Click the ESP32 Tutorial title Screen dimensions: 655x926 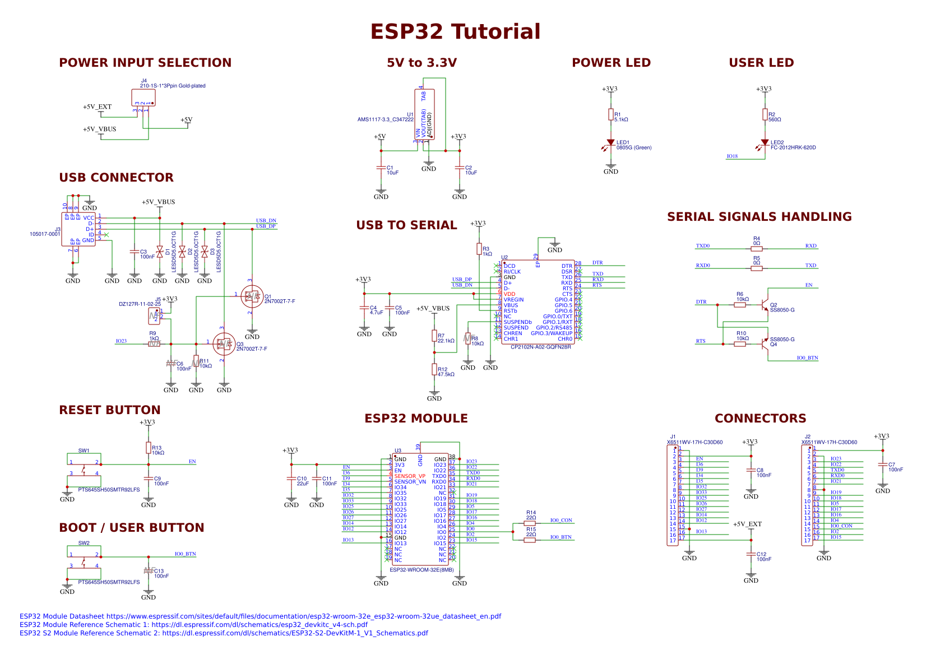pyautogui.click(x=455, y=32)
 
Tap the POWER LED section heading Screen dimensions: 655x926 pyautogui.click(x=611, y=63)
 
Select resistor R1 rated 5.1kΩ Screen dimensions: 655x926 pyautogui.click(x=611, y=115)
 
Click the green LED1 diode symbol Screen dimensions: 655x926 pyautogui.click(x=611, y=143)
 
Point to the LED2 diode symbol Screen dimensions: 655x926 pyautogui.click(x=765, y=143)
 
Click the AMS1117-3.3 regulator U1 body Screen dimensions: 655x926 pyautogui.click(x=424, y=114)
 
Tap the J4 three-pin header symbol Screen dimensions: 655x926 pyautogui.click(x=143, y=97)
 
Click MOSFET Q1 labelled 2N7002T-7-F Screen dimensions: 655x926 pyautogui.click(x=252, y=296)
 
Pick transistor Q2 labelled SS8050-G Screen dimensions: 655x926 pyautogui.click(x=765, y=305)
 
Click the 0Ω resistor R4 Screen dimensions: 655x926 pyautogui.click(x=757, y=249)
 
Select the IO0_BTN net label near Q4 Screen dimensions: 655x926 pyautogui.click(x=807, y=357)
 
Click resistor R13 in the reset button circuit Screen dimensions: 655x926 pyautogui.click(x=149, y=448)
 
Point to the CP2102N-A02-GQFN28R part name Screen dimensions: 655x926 pyautogui.click(x=540, y=347)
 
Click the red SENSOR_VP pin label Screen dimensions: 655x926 pyautogui.click(x=410, y=476)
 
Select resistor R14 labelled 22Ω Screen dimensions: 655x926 pyautogui.click(x=530, y=523)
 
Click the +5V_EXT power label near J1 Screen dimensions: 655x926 pyautogui.click(x=747, y=524)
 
